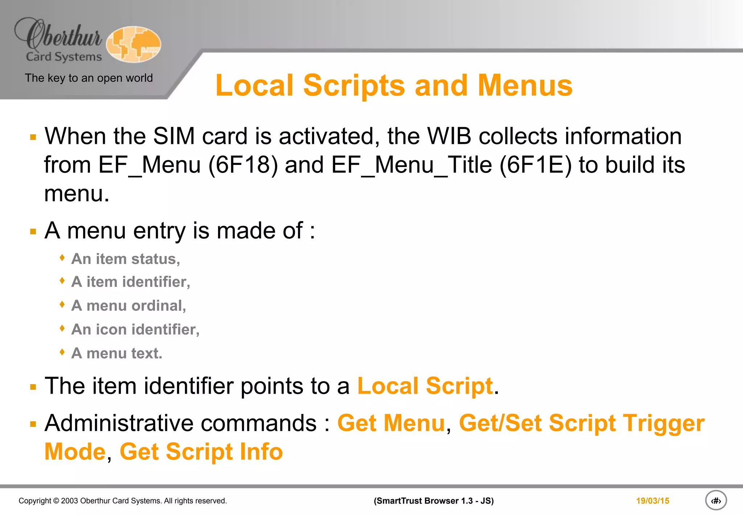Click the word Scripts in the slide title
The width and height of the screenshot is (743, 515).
pyautogui.click(x=354, y=86)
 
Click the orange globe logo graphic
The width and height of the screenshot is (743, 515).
pyautogui.click(x=134, y=44)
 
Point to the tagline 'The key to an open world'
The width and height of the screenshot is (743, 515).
pyautogui.click(x=89, y=78)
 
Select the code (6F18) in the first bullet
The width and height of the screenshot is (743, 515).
pyautogui.click(x=243, y=165)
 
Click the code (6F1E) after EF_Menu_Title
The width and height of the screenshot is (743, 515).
pyautogui.click(x=535, y=165)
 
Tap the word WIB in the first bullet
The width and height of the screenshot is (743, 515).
pyautogui.click(x=449, y=136)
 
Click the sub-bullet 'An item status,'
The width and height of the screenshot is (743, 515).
pyautogui.click(x=126, y=259)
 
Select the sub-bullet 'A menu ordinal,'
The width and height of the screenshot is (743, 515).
pyautogui.click(x=129, y=306)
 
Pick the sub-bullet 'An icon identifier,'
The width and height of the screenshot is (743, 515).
pyautogui.click(x=135, y=329)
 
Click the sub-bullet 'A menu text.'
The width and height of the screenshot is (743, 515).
pyautogui.click(x=117, y=353)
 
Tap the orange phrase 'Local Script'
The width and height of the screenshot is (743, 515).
pyautogui.click(x=425, y=386)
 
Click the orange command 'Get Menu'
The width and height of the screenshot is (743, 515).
pyautogui.click(x=391, y=423)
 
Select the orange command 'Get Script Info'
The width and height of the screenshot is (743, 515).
pyautogui.click(x=201, y=452)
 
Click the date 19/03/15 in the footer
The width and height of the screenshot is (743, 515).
pyautogui.click(x=652, y=501)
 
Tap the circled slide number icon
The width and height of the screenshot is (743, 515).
pyautogui.click(x=715, y=501)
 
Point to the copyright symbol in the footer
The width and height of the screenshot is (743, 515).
pyautogui.click(x=56, y=501)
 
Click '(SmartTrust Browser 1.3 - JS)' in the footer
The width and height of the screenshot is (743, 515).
pyautogui.click(x=434, y=501)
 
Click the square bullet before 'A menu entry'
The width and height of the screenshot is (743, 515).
pyautogui.click(x=33, y=232)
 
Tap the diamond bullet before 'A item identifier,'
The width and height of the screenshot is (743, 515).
pyautogui.click(x=62, y=281)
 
